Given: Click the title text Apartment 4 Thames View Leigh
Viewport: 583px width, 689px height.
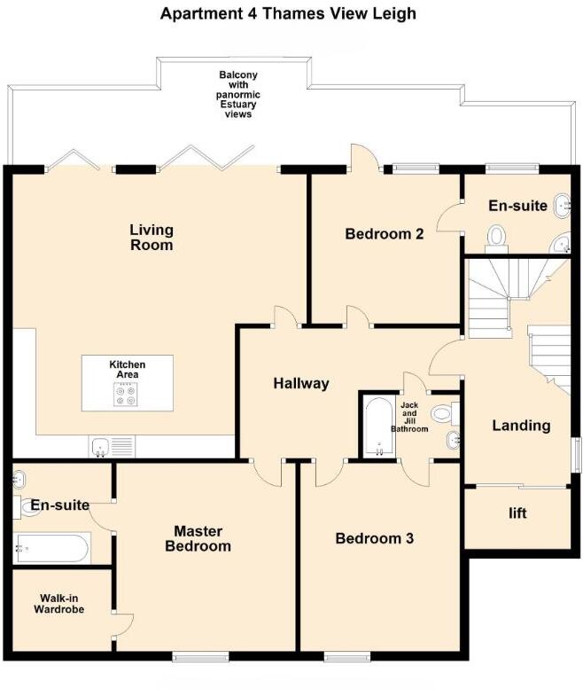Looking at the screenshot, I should [288, 13].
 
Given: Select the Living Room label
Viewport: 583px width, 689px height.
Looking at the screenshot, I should [152, 237].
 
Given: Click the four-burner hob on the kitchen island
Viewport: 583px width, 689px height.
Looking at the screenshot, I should [127, 394].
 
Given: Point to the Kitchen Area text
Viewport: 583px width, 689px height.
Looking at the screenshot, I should [127, 370].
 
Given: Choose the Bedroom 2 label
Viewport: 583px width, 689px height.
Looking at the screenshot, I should [384, 234].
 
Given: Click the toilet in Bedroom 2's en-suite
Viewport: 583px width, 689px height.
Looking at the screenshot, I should [496, 236].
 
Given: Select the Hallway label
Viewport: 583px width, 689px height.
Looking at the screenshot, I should [300, 384].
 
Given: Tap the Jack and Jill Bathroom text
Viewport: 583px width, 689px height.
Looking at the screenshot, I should [409, 418].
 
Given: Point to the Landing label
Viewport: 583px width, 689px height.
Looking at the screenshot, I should [521, 426].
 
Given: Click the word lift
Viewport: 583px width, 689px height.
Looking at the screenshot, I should [518, 513].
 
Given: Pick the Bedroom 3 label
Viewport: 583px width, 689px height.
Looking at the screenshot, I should [373, 538].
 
